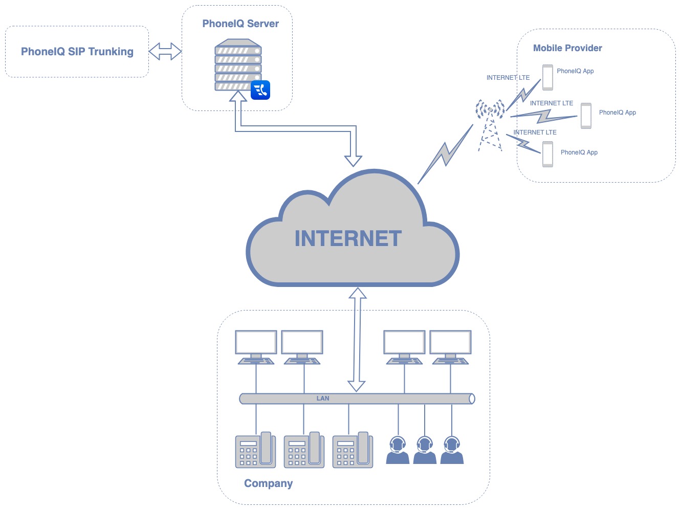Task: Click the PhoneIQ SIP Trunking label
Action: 77,52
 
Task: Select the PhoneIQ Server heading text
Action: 240,24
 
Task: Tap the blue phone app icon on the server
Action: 260,90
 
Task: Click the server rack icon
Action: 238,65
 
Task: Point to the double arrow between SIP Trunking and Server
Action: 165,52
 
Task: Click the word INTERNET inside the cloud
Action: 348,238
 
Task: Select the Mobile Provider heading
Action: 567,48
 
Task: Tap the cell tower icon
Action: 490,125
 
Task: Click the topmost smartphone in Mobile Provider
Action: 547,77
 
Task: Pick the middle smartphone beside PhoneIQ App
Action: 586,116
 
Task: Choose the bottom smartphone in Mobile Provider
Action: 547,154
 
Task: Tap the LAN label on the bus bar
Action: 323,398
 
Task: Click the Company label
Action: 268,483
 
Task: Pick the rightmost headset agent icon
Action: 452,450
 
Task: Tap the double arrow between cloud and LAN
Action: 357,340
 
